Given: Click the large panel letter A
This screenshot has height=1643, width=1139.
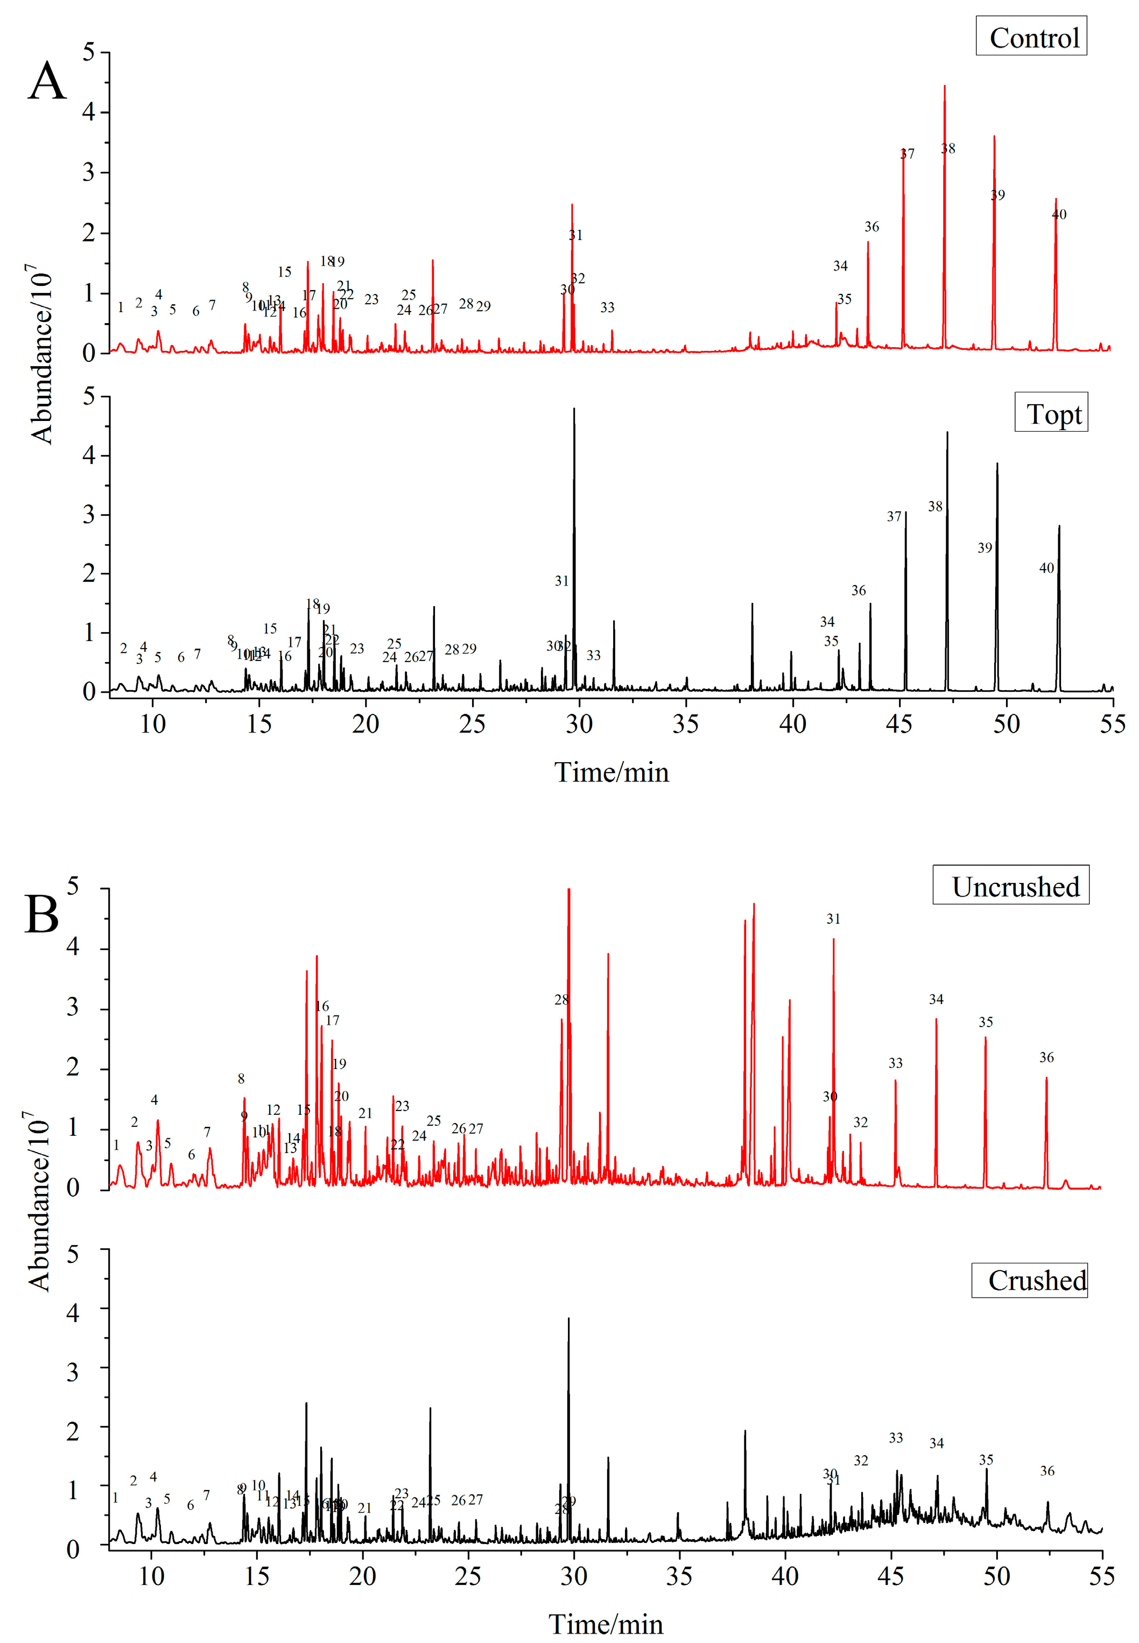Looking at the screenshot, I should pos(47,82).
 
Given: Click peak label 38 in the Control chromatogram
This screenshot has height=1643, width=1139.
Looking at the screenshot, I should pos(948,149).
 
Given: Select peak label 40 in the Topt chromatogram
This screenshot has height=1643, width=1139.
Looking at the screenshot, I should pos(1046,568).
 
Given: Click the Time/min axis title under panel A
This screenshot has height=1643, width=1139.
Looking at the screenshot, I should pos(611,773).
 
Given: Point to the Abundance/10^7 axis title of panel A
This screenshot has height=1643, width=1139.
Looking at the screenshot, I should pos(41,355).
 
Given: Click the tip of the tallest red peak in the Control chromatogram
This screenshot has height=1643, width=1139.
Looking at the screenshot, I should pos(944,86).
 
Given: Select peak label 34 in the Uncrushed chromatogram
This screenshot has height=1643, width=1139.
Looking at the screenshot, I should pos(936,1000).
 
